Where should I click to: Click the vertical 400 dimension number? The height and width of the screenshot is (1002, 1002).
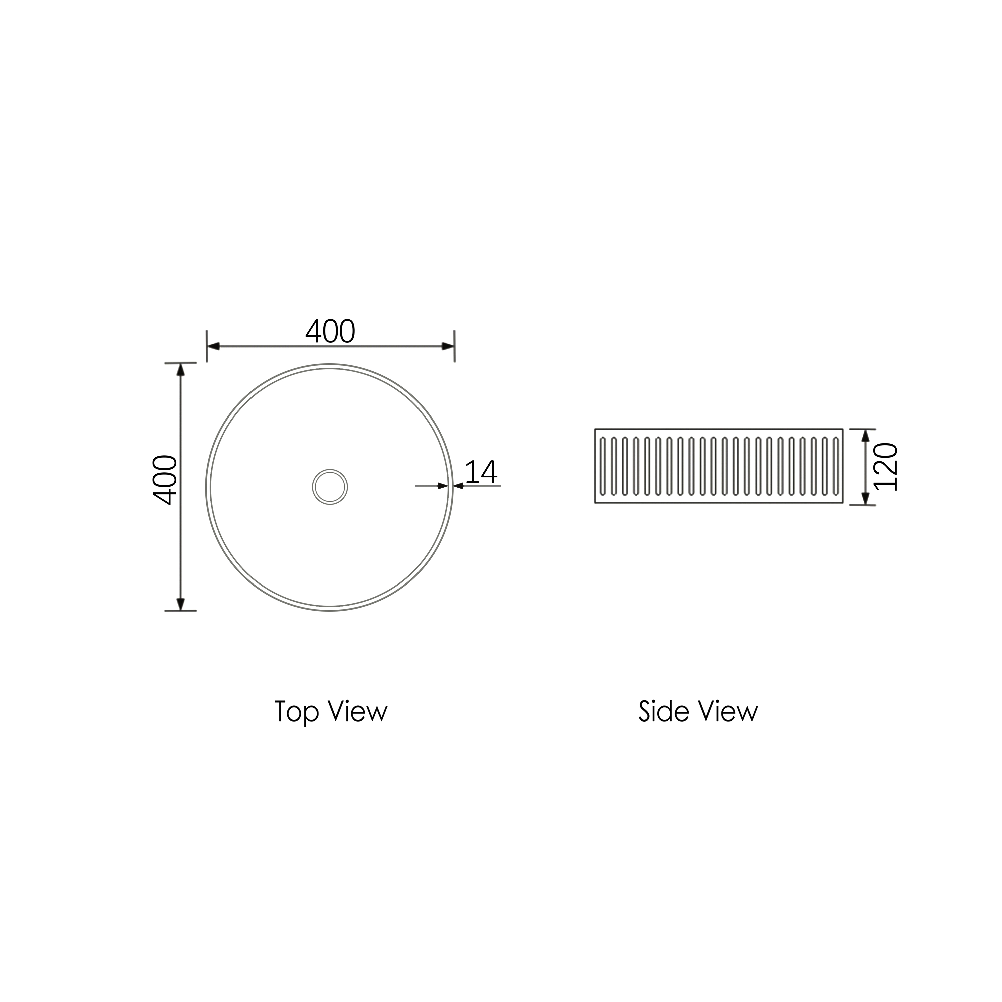pyautogui.click(x=165, y=479)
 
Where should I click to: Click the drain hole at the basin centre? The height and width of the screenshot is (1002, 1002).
pyautogui.click(x=330, y=487)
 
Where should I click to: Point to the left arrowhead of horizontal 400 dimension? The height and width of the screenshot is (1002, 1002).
pyautogui.click(x=213, y=346)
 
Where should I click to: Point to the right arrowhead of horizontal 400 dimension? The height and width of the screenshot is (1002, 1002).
pyautogui.click(x=448, y=346)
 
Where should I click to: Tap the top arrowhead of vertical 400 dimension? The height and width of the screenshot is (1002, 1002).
pyautogui.click(x=180, y=370)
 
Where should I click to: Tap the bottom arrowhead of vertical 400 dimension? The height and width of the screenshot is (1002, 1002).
pyautogui.click(x=180, y=604)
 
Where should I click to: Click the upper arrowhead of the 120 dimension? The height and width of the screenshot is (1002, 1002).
pyautogui.click(x=865, y=436)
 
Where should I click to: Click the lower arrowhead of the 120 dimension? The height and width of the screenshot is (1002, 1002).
pyautogui.click(x=865, y=498)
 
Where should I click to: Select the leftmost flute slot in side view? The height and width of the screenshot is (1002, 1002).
pyautogui.click(x=602, y=466)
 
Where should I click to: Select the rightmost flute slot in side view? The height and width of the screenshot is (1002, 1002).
pyautogui.click(x=836, y=466)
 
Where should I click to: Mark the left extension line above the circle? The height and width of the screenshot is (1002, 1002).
pyautogui.click(x=207, y=346)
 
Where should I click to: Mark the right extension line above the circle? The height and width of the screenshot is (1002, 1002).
pyautogui.click(x=454, y=346)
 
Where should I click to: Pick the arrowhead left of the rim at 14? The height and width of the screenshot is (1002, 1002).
pyautogui.click(x=443, y=486)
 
